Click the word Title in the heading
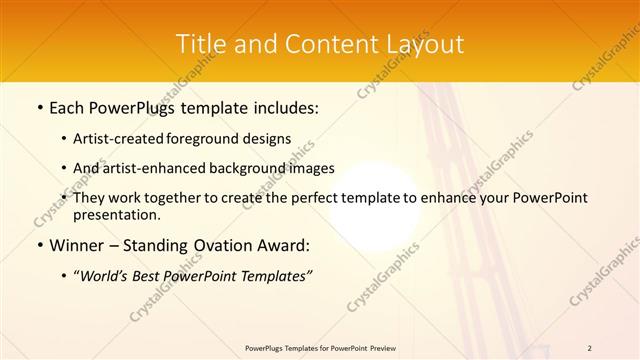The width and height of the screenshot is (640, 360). [198, 44]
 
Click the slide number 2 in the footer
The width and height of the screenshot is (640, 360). [589, 348]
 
